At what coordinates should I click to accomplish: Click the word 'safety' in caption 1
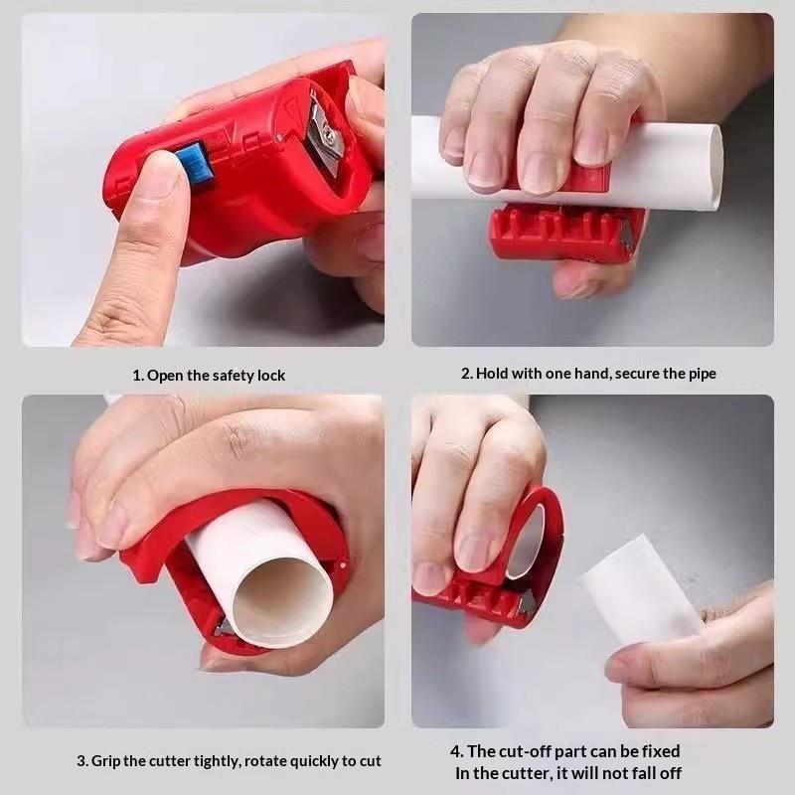(x=234, y=376)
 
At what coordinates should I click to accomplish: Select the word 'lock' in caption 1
(x=271, y=376)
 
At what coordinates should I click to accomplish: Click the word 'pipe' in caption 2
(x=703, y=375)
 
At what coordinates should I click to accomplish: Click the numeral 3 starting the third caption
(x=80, y=761)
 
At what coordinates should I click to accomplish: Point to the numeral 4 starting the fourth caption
(x=454, y=751)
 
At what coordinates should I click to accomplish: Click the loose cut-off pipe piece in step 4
(x=641, y=589)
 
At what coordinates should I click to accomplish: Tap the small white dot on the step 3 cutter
(x=345, y=563)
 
